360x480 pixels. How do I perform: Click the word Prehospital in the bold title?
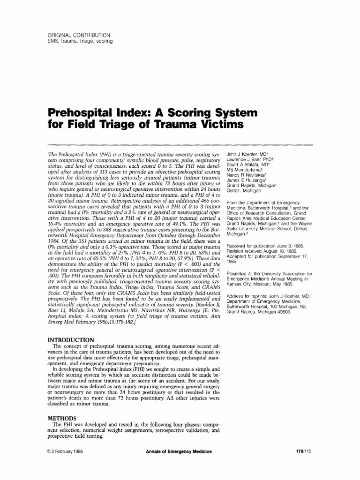(x=82, y=113)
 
